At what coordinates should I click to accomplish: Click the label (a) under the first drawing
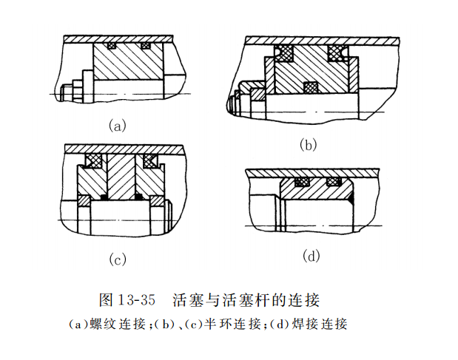118,126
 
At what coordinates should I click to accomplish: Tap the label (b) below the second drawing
309,145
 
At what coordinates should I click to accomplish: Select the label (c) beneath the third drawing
118,259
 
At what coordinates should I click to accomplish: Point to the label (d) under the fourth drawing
311,256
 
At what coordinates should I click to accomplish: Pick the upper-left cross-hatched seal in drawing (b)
283,52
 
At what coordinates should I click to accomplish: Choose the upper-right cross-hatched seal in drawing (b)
337,52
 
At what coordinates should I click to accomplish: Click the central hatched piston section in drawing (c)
123,177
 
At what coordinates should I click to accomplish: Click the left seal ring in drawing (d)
302,181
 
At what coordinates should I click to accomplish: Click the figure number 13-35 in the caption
137,300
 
